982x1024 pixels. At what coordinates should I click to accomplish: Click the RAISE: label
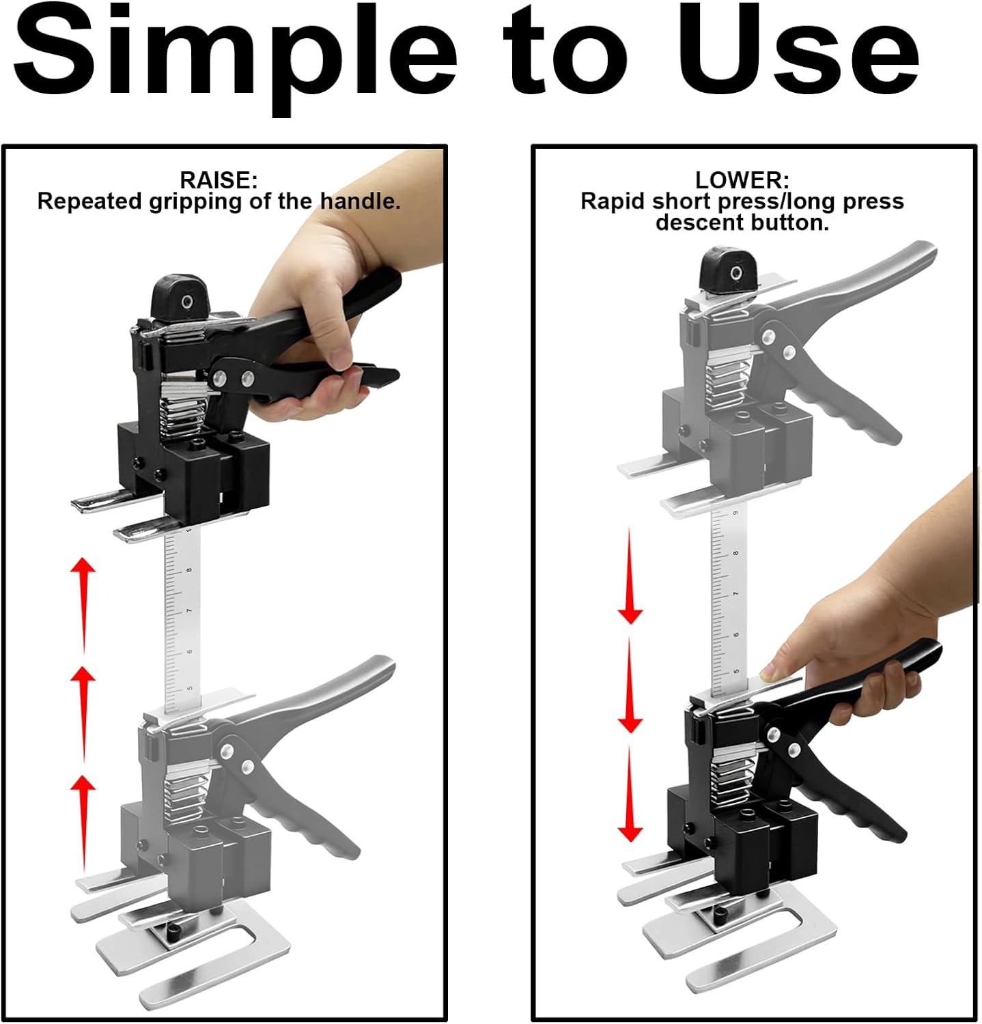click(219, 180)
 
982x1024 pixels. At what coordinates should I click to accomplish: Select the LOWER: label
click(742, 180)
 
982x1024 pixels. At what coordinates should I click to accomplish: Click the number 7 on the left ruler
click(188, 610)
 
